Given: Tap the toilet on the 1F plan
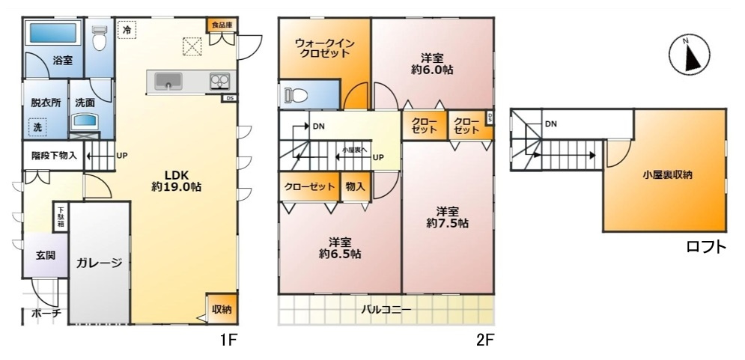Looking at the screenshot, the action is pyautogui.click(x=99, y=38).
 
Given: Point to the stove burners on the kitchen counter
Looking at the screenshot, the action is pyautogui.click(x=219, y=82).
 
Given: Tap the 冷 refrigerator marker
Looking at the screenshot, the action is pyautogui.click(x=127, y=29).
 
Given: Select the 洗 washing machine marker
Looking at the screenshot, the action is pyautogui.click(x=37, y=126).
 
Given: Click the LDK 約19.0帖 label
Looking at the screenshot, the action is pyautogui.click(x=176, y=180).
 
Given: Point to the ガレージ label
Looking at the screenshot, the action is pyautogui.click(x=100, y=263).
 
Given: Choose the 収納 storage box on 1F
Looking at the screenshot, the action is pyautogui.click(x=222, y=309).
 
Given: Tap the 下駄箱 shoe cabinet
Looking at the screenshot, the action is pyautogui.click(x=61, y=217).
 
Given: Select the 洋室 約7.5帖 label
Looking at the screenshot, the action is pyautogui.click(x=447, y=217).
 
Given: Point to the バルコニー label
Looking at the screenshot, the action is pyautogui.click(x=386, y=310).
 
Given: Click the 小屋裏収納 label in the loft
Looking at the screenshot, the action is pyautogui.click(x=666, y=175).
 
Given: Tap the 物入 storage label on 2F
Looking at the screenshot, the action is pyautogui.click(x=356, y=186).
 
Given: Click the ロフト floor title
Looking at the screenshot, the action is pyautogui.click(x=707, y=246).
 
